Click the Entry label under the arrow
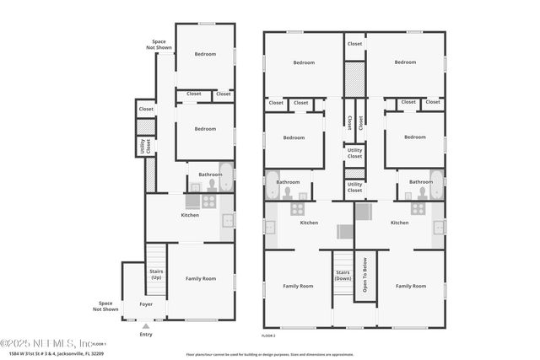(x=147, y=335)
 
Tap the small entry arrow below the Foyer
(x=147, y=326)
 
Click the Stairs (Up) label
(x=156, y=274)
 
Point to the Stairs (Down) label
(x=343, y=275)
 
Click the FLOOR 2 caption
(x=269, y=336)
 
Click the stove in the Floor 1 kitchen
(x=208, y=201)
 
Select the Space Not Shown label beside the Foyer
(x=105, y=305)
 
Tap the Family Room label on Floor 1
(x=201, y=278)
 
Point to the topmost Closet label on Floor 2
(x=354, y=44)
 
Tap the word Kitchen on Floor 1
(x=190, y=215)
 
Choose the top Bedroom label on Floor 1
(x=205, y=54)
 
